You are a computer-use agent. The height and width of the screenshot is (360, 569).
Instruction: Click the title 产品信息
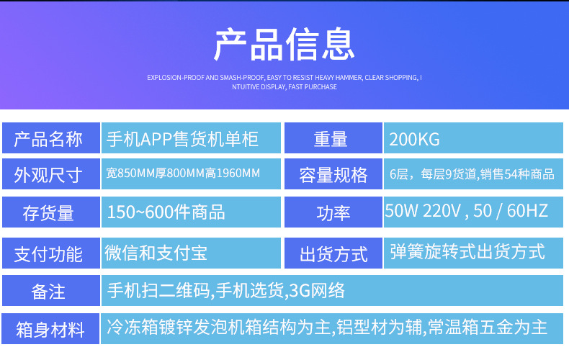click(284, 44)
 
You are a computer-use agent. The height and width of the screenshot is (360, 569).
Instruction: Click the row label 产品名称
click(48, 139)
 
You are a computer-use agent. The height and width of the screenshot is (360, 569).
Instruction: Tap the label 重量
click(331, 139)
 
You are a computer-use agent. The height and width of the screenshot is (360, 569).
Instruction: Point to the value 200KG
click(414, 140)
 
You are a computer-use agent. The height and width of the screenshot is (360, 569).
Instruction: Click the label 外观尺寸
click(48, 175)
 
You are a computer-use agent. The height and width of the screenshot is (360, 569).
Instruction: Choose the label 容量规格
click(333, 175)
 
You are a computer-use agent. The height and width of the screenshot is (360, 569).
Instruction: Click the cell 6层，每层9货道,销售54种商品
click(472, 174)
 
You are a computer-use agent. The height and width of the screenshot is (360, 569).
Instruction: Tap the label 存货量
click(48, 213)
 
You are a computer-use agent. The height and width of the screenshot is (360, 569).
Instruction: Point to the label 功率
click(333, 213)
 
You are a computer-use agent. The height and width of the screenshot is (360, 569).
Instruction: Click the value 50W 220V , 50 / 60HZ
click(466, 211)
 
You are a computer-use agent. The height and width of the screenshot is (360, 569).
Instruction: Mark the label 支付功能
click(48, 254)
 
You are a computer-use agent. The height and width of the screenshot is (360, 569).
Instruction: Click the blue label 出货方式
click(333, 254)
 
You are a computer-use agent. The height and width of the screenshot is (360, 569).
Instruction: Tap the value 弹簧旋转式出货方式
click(467, 251)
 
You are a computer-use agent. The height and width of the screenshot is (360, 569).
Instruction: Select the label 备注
click(48, 292)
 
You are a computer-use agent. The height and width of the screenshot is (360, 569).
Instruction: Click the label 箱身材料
click(50, 330)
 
